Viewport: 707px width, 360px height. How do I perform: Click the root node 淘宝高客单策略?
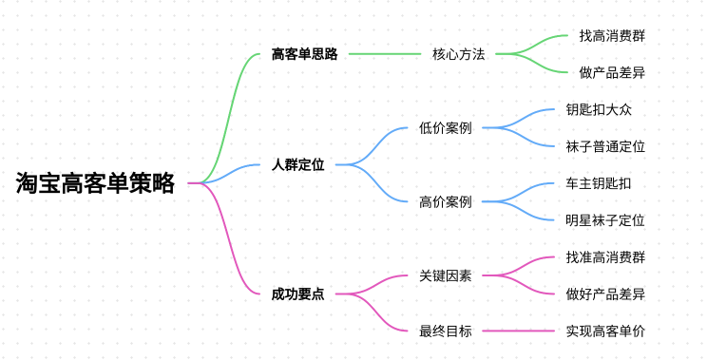(x=95, y=183)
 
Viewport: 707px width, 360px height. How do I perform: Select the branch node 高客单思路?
(x=304, y=54)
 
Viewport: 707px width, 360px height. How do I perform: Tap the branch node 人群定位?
(x=297, y=164)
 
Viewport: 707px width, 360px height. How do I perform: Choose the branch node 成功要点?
(x=297, y=294)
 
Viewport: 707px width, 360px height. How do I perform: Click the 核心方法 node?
(x=458, y=54)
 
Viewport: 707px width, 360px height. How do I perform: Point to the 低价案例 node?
(x=445, y=128)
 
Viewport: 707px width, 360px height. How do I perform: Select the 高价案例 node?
(x=445, y=201)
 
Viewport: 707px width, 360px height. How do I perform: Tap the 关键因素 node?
(x=445, y=275)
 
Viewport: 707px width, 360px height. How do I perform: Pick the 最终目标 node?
(x=445, y=331)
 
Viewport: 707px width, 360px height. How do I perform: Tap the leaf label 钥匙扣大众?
(x=599, y=109)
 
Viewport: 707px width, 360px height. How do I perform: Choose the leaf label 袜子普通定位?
(x=605, y=146)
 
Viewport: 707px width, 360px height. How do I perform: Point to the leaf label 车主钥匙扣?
(x=599, y=183)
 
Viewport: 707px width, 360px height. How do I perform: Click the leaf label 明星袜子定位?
(x=605, y=220)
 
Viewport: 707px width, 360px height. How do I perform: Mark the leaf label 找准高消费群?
(x=605, y=257)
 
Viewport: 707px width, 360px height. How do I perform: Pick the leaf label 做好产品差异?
(x=605, y=294)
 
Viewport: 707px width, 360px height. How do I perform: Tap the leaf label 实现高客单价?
(x=605, y=331)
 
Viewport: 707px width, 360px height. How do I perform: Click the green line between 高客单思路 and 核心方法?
(x=385, y=54)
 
